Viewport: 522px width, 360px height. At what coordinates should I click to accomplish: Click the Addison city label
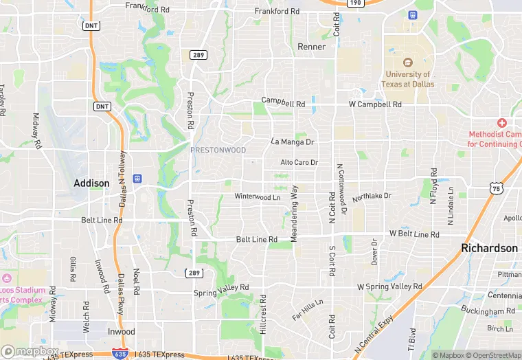point(91,183)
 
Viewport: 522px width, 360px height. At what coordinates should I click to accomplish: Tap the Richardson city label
point(490,248)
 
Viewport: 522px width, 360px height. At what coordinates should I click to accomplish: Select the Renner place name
point(311,47)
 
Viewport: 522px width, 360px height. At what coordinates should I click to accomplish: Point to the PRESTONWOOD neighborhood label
point(218,149)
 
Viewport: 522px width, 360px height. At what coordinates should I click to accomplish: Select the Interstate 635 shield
point(119,353)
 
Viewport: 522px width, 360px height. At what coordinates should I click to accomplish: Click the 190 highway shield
point(354,3)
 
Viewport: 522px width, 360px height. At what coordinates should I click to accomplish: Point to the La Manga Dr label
point(292,142)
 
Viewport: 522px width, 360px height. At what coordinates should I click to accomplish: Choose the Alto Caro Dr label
point(299,163)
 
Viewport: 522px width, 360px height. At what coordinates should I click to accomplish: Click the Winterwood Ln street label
point(258,196)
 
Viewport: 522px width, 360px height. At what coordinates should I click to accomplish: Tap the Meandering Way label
point(294,213)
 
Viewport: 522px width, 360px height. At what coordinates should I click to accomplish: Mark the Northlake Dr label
point(372,197)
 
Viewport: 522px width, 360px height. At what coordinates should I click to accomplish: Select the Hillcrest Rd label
point(262,318)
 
